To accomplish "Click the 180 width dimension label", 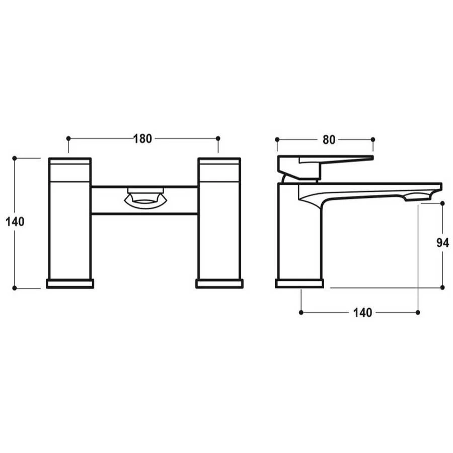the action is pos(142,139).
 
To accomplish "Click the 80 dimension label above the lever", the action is pos(329,140).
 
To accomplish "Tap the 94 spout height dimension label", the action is pos(442,243).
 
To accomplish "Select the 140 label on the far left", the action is pos(15,222).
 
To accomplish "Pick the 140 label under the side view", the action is pos(363,313).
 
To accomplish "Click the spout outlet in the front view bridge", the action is pos(145,198).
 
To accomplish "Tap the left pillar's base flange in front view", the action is pos(70,284).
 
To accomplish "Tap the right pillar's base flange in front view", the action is pos(219,284).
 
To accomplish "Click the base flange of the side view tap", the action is pos(299,284).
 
